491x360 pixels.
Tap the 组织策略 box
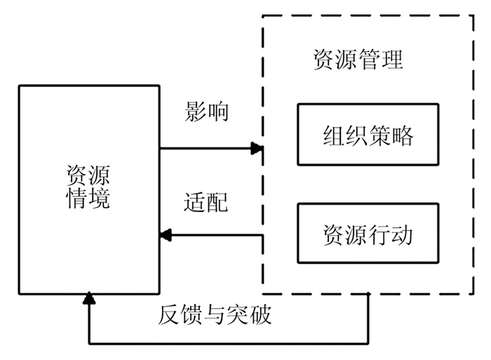click(x=368, y=135)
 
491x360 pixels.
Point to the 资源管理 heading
click(x=358, y=60)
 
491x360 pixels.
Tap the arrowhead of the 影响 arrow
click(x=257, y=148)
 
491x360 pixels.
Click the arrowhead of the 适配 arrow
click(x=166, y=234)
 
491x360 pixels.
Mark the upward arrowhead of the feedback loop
click(x=89, y=300)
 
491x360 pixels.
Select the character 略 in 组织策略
click(x=403, y=135)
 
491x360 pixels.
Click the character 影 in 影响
click(x=196, y=112)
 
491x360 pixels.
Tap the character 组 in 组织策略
click(x=333, y=135)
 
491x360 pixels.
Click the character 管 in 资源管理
click(x=370, y=60)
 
